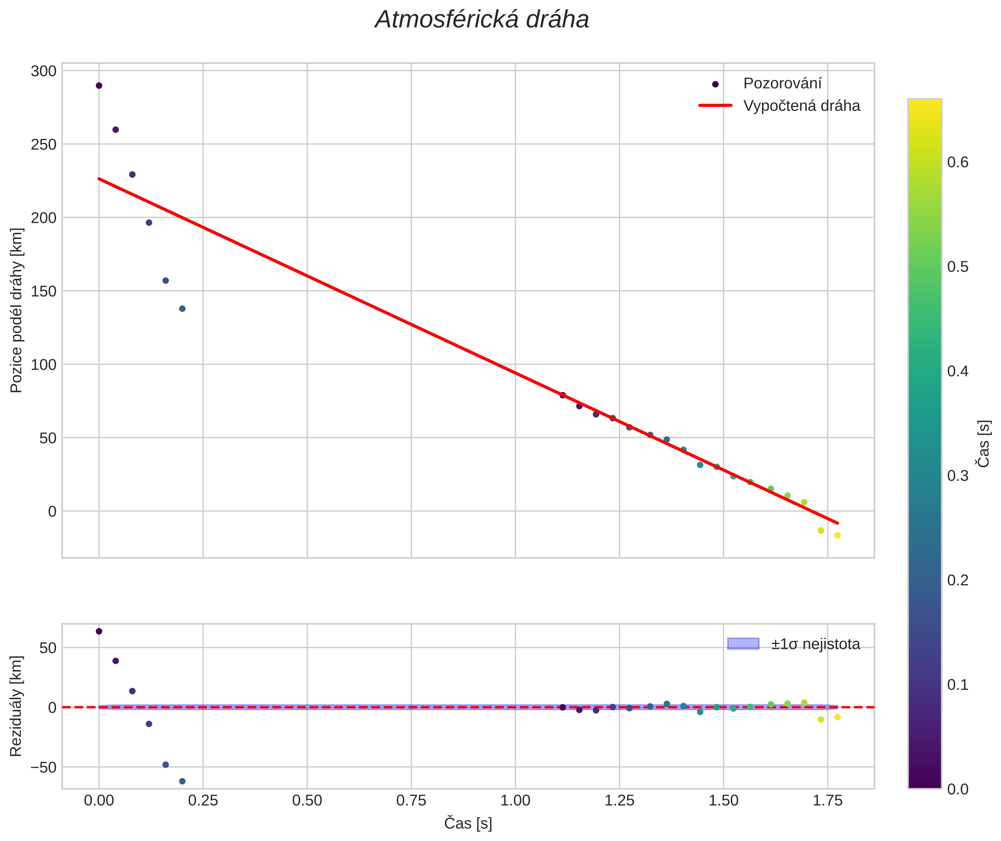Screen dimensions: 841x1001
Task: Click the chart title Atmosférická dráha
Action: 482,20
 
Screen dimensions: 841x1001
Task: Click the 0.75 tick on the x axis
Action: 411,800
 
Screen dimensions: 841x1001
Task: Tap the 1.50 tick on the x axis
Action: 723,800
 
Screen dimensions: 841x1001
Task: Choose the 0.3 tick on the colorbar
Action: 958,476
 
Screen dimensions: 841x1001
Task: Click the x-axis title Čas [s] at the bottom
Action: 468,823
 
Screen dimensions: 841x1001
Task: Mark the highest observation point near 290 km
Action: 99,86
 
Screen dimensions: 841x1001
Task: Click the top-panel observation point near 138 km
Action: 182,308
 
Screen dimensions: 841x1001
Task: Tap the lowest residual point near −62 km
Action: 182,781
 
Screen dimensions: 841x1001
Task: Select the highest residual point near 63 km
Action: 99,631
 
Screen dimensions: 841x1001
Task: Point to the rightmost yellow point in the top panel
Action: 837,535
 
